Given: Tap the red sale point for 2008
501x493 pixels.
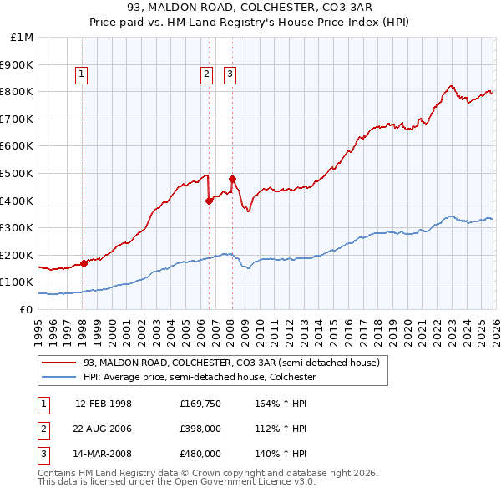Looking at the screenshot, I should coord(232,179).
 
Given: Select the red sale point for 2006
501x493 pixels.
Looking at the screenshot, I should coord(209,201).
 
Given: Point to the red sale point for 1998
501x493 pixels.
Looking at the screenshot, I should coord(83,263).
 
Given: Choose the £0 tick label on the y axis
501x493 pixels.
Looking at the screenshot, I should coord(26,309).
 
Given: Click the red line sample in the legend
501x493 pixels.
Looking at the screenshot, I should coord(59,363).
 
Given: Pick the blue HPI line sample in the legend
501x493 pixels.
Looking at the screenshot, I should coord(59,377).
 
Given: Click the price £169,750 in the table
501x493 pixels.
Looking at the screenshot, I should coord(200,404).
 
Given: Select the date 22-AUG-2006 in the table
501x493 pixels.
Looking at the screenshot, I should coord(104,429).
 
